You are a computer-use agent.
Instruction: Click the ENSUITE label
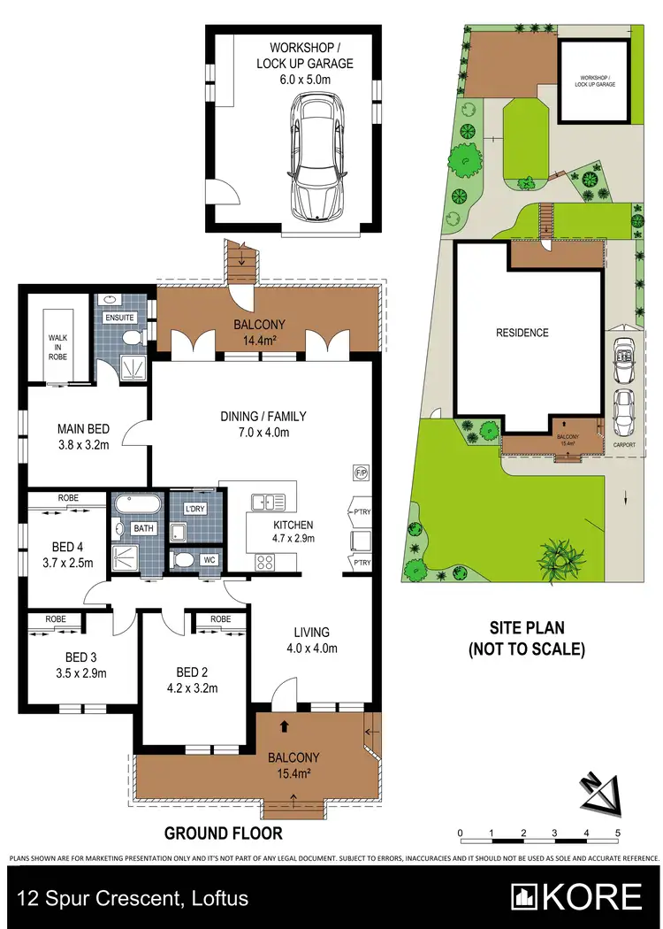pos(119,317)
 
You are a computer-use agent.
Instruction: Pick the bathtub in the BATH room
pos(137,507)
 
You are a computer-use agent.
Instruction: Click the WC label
pos(210,560)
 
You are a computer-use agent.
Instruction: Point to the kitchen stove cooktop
pos(266,561)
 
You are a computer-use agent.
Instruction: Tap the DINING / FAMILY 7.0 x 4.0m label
pos(254,424)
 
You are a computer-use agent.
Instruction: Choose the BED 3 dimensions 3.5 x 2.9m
pos(81,672)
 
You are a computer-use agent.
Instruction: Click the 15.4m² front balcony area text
pos(293,773)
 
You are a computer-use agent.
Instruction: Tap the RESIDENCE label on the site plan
pos(522,333)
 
